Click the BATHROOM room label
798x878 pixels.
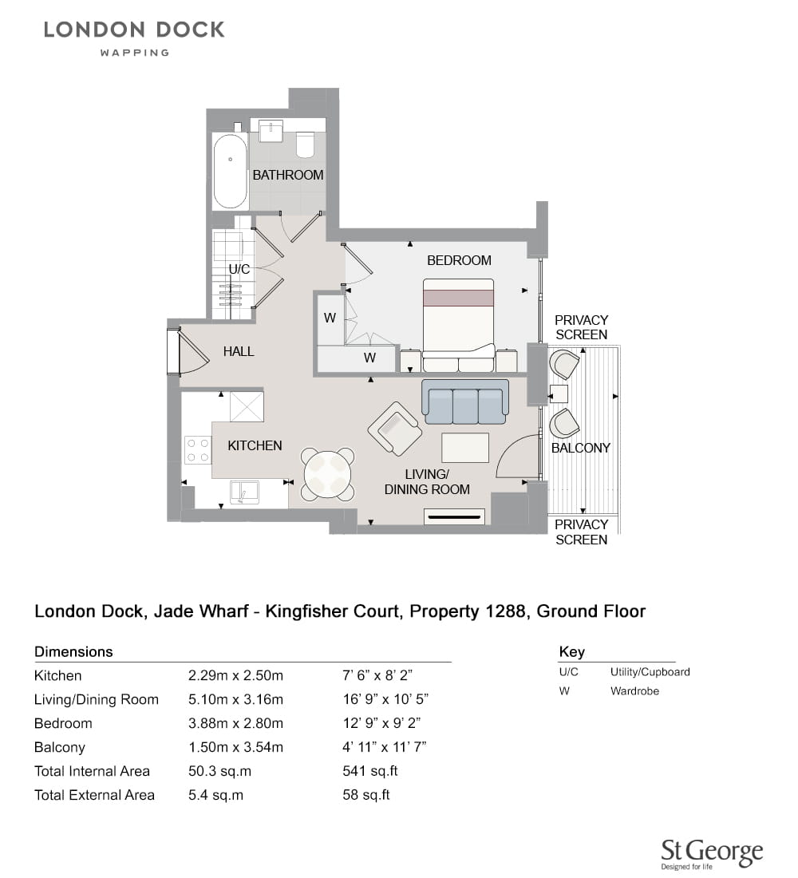pos(288,176)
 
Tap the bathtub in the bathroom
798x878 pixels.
pos(230,171)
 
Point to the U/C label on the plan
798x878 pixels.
pos(239,269)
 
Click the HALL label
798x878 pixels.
pos(239,352)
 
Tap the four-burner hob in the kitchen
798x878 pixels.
pos(198,450)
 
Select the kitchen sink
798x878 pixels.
pos(245,492)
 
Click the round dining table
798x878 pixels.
pos(328,474)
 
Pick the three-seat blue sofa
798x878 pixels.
pos(465,401)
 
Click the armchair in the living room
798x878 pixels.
pos(395,429)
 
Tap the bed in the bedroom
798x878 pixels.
pos(459,326)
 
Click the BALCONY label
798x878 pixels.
pos(581,448)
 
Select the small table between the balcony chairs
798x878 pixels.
pos(559,394)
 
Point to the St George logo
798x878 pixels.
pos(712,854)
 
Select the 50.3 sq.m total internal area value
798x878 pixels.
pos(219,771)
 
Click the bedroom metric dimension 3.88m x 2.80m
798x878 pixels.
pos(235,723)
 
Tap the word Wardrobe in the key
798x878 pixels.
pos(634,691)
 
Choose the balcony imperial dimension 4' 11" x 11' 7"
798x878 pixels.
pos(385,747)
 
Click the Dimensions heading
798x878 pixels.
pos(73,652)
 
